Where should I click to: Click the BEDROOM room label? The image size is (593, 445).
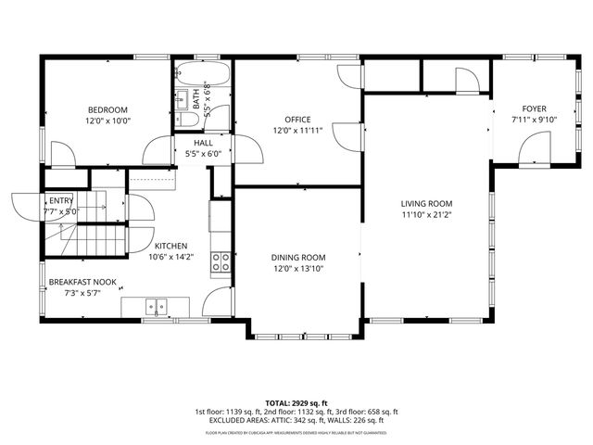(x=108, y=109)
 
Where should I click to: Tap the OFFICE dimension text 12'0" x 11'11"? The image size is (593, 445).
(x=297, y=131)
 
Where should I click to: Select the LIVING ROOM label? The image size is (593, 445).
(x=425, y=203)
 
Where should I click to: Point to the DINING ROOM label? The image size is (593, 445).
(x=297, y=257)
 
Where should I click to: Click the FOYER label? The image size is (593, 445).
(x=534, y=108)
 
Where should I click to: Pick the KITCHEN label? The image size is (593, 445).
(x=170, y=246)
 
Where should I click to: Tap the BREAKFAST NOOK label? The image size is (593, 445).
(x=82, y=282)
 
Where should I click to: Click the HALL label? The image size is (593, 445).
(x=204, y=142)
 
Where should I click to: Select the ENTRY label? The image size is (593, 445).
(x=61, y=200)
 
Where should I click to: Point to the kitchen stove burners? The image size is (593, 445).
(x=221, y=262)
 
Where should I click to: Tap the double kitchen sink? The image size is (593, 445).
(x=158, y=306)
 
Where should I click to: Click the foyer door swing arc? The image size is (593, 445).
(x=533, y=146)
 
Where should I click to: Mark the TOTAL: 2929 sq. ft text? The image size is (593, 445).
(x=296, y=403)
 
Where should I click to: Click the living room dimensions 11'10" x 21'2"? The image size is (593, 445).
(x=425, y=215)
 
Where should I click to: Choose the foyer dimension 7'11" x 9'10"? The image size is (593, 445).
(x=534, y=120)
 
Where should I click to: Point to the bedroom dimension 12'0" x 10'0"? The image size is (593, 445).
(x=108, y=121)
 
